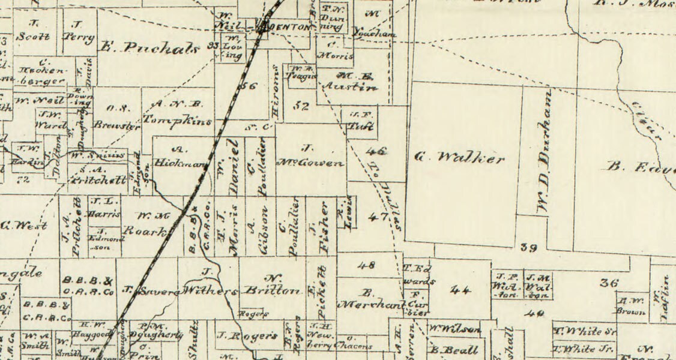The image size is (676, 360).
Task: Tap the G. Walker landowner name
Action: (460, 158)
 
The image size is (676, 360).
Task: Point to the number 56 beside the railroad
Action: (247, 86)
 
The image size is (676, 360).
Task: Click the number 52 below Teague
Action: (301, 106)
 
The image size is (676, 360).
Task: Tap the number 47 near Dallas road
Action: (378, 217)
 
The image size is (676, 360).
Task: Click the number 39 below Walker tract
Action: (528, 247)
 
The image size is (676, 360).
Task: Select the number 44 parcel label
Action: (460, 290)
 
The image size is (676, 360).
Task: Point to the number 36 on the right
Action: (609, 283)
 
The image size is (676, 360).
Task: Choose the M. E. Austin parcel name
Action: (349, 82)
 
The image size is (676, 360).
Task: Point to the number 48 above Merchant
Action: (366, 265)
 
